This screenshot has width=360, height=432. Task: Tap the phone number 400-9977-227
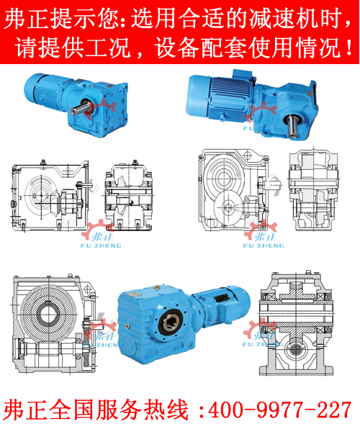coord(279,410)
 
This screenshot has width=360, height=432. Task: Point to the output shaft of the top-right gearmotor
coord(292,125)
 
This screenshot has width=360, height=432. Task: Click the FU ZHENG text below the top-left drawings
coord(101,246)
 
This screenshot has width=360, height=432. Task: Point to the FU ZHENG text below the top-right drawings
coord(264,246)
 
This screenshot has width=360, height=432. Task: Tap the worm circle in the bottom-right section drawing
coord(295,350)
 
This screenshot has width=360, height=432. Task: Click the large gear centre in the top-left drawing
coord(41,195)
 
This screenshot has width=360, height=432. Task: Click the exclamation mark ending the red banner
coord(349,47)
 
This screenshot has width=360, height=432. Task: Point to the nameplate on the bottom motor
coord(222,298)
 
